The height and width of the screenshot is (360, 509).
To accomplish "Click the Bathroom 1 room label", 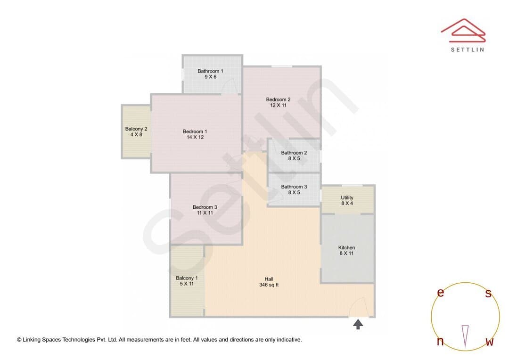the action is (210, 71).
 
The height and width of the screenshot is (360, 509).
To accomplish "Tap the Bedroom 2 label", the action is (278, 99).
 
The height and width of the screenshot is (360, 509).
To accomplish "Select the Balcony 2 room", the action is (136, 132).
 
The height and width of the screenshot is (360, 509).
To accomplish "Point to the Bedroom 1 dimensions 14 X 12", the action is (195, 137).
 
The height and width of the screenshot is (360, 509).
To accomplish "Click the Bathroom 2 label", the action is (294, 153).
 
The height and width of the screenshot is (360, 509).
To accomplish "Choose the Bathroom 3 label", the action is (294, 187).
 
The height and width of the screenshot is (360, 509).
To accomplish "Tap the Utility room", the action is (347, 200).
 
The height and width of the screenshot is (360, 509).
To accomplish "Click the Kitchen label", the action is (347, 248).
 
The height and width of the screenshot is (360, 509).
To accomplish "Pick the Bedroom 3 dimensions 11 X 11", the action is (205, 213).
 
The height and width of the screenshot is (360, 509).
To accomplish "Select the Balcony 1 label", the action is (187, 278).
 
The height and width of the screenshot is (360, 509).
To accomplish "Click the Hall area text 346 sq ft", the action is (269, 285).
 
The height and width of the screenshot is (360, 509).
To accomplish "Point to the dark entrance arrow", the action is (358, 324).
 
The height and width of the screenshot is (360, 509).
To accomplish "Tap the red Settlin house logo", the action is (464, 31).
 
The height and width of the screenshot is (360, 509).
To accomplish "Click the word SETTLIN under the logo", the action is (468, 49).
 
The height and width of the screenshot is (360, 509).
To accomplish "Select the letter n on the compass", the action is (441, 341).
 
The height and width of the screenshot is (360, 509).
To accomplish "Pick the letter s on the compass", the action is (488, 293).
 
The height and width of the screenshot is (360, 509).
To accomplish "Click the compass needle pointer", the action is (466, 336).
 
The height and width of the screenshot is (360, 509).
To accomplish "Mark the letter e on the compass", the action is (441, 293).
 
